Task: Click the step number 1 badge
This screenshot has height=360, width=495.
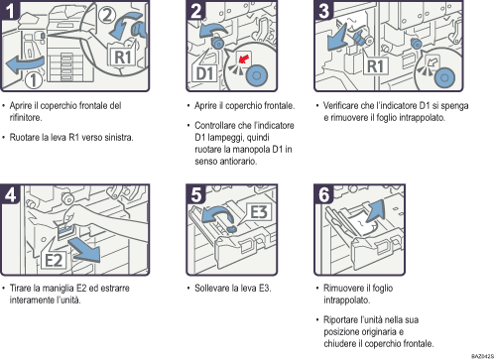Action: point(12,12)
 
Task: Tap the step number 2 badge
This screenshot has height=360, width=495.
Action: point(197,12)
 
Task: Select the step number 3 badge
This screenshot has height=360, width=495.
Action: point(322,12)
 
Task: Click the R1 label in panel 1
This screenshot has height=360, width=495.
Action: point(119,58)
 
